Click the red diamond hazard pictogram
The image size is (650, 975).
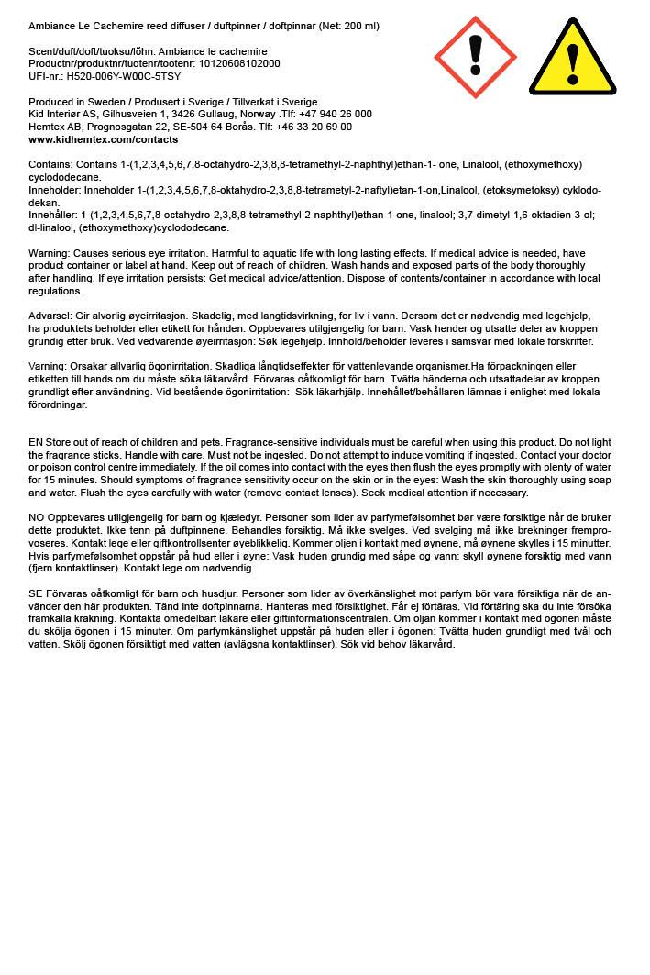[x=475, y=57]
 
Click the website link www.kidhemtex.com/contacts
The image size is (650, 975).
[x=103, y=140]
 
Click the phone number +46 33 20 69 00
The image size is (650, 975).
[x=314, y=127]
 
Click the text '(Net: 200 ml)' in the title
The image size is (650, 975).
[x=348, y=26]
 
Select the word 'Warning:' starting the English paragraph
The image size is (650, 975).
[x=50, y=253]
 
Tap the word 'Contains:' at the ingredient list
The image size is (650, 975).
[x=51, y=165]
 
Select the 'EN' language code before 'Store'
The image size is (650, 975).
[x=36, y=442]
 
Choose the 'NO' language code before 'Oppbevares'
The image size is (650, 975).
[x=37, y=518]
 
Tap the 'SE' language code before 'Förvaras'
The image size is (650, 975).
[x=36, y=594]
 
